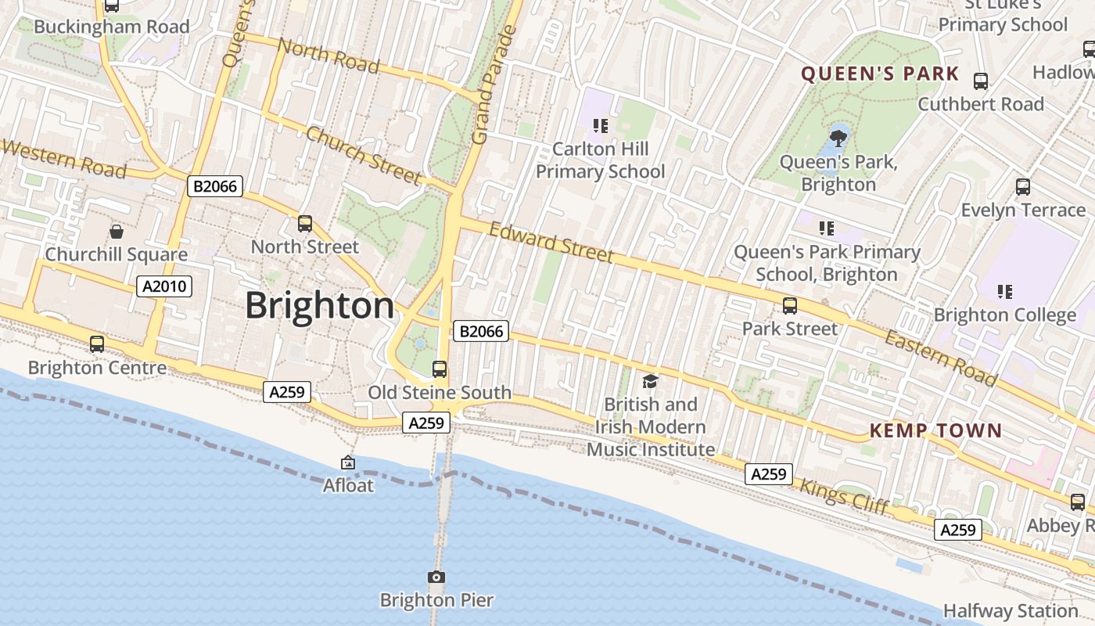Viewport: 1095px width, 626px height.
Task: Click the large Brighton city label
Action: coord(319,305)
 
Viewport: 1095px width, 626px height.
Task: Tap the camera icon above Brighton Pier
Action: coord(436,577)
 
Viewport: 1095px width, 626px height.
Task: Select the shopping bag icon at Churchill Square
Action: coord(117,231)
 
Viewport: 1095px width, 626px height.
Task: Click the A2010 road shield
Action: coord(165,286)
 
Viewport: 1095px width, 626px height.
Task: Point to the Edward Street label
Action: coord(551,242)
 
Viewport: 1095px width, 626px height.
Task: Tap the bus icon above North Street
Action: coord(305,224)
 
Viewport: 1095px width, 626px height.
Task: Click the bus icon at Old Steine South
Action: coord(440,369)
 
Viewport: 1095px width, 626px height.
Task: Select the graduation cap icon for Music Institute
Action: coord(650,381)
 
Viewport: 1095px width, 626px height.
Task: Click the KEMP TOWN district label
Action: coord(935,430)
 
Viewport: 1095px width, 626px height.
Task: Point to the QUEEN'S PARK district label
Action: coord(880,74)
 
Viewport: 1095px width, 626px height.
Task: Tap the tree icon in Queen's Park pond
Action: coord(838,139)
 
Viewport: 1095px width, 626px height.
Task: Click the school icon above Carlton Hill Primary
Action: coord(600,125)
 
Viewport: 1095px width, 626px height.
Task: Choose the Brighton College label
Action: coord(1004,315)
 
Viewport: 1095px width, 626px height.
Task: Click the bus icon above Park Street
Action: coord(790,305)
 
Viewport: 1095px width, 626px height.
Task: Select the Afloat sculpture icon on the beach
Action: coord(348,463)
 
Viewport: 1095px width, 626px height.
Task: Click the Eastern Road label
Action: coord(942,358)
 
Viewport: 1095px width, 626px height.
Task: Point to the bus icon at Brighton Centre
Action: coord(97,344)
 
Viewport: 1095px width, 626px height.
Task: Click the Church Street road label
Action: coord(363,154)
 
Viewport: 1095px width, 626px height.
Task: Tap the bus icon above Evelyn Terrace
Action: coord(1022,186)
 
